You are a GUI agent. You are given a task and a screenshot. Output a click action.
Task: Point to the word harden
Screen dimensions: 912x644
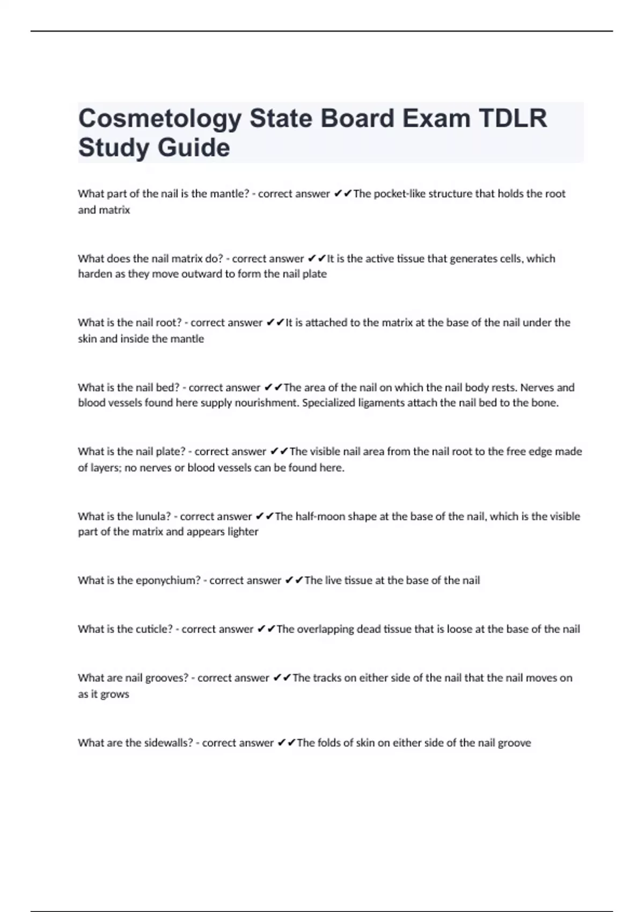click(94, 274)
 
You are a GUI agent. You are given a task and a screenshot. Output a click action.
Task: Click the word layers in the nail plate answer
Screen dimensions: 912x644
click(105, 468)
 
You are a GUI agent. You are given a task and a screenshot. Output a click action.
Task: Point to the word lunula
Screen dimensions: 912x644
click(151, 516)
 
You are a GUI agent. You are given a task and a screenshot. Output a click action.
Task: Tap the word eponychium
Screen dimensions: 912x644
click(168, 580)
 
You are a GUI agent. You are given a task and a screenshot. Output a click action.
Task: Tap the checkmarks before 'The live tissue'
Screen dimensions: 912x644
click(294, 580)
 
